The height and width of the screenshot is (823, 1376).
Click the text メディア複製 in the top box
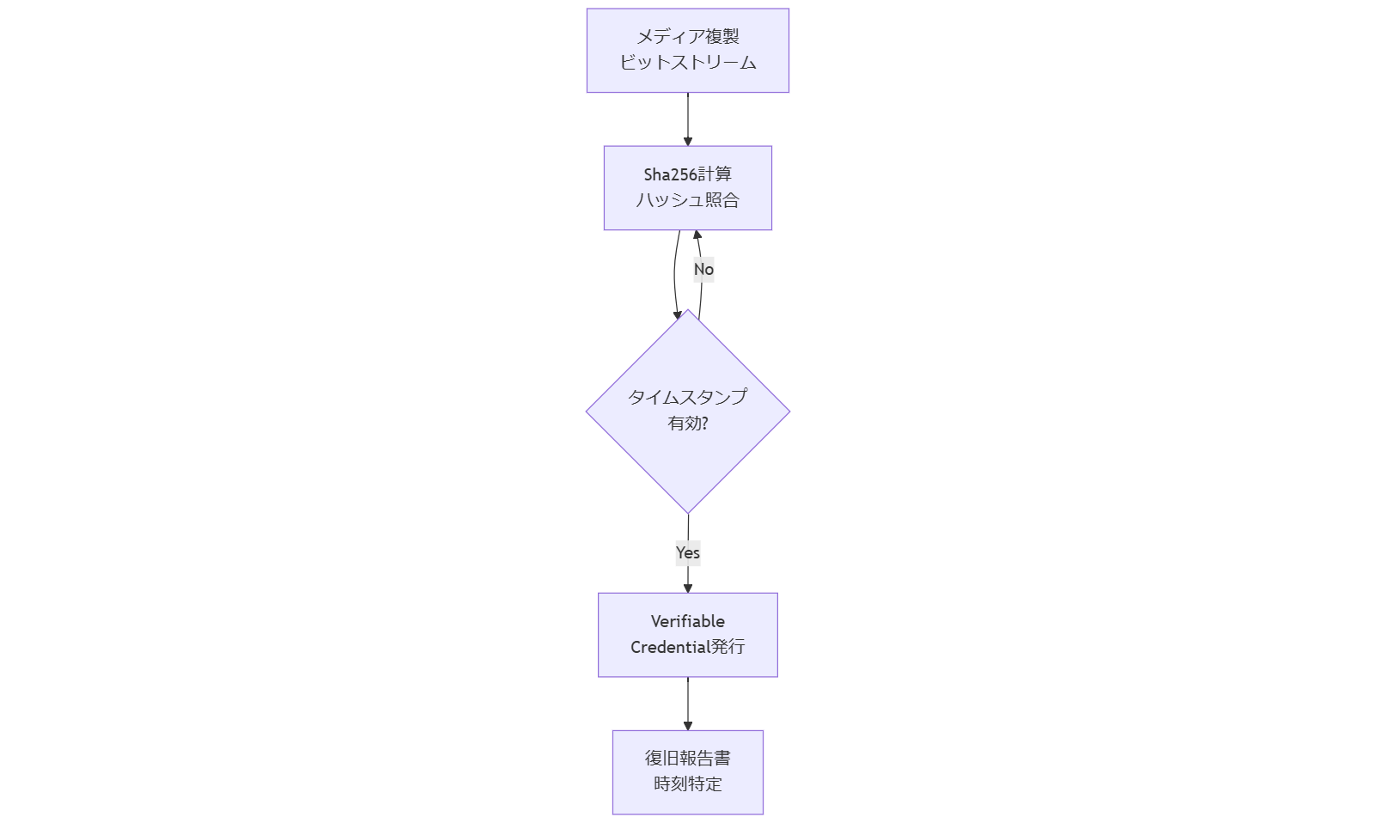coord(687,37)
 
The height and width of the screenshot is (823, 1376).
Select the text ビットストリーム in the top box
coord(687,63)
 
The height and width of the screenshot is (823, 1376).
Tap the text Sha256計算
coord(687,174)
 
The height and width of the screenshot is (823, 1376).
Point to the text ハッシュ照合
coord(687,200)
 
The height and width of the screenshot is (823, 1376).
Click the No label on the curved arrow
coord(703,269)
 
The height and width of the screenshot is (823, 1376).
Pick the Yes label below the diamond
coord(687,552)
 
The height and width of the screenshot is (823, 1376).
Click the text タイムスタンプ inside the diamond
coord(687,397)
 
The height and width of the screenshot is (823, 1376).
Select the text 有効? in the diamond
coord(687,424)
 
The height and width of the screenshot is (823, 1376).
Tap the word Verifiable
coord(687,621)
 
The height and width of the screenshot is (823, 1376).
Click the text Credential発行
coord(687,647)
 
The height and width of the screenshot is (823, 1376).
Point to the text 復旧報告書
coord(687,759)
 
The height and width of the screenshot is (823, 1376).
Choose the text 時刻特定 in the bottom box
coord(687,784)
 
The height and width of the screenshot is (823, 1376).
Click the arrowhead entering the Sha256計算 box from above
coord(687,141)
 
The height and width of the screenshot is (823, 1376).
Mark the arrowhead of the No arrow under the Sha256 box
coord(697,235)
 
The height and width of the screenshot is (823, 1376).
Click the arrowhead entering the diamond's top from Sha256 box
coord(678,314)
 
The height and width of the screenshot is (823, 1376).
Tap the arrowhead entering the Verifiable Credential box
coord(687,588)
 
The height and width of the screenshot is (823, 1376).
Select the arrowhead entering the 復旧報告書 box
coord(687,725)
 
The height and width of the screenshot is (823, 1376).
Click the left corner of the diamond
coord(588,411)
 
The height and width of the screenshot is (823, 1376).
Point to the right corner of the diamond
coord(788,411)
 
